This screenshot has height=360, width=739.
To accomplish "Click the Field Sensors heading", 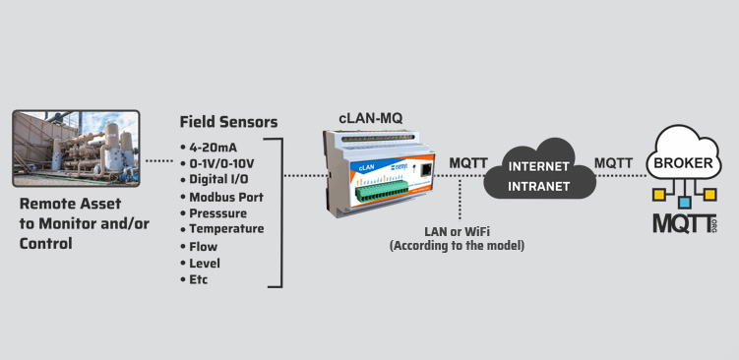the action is tap(228, 122).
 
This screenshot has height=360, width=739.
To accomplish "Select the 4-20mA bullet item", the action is tap(209, 148).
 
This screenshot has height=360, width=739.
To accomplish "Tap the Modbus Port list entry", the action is tap(221, 197).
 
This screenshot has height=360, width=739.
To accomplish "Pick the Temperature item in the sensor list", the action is tap(222, 229).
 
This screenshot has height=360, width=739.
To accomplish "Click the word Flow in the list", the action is tap(204, 247).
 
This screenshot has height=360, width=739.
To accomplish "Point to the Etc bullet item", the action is tap(194, 279).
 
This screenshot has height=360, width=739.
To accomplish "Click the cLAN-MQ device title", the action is tap(371, 118).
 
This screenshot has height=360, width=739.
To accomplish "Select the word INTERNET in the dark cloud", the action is tap(538, 167).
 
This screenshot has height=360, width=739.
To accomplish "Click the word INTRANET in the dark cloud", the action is tap(538, 187).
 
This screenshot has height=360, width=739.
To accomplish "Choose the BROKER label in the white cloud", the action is tap(683, 163).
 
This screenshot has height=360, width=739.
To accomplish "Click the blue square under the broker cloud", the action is tap(684, 203).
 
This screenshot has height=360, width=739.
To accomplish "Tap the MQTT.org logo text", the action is tap(685, 223).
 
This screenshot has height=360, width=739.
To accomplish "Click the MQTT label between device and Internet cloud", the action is tap(468, 163).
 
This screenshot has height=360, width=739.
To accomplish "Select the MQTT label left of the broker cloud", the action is tap(613, 163).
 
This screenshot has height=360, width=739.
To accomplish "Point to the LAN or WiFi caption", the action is tap(458, 232).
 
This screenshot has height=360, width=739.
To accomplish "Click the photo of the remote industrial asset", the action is tap(76, 149).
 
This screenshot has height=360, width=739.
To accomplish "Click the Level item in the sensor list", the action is tap(205, 263).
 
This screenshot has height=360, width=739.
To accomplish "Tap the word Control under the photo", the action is tap(45, 244).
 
